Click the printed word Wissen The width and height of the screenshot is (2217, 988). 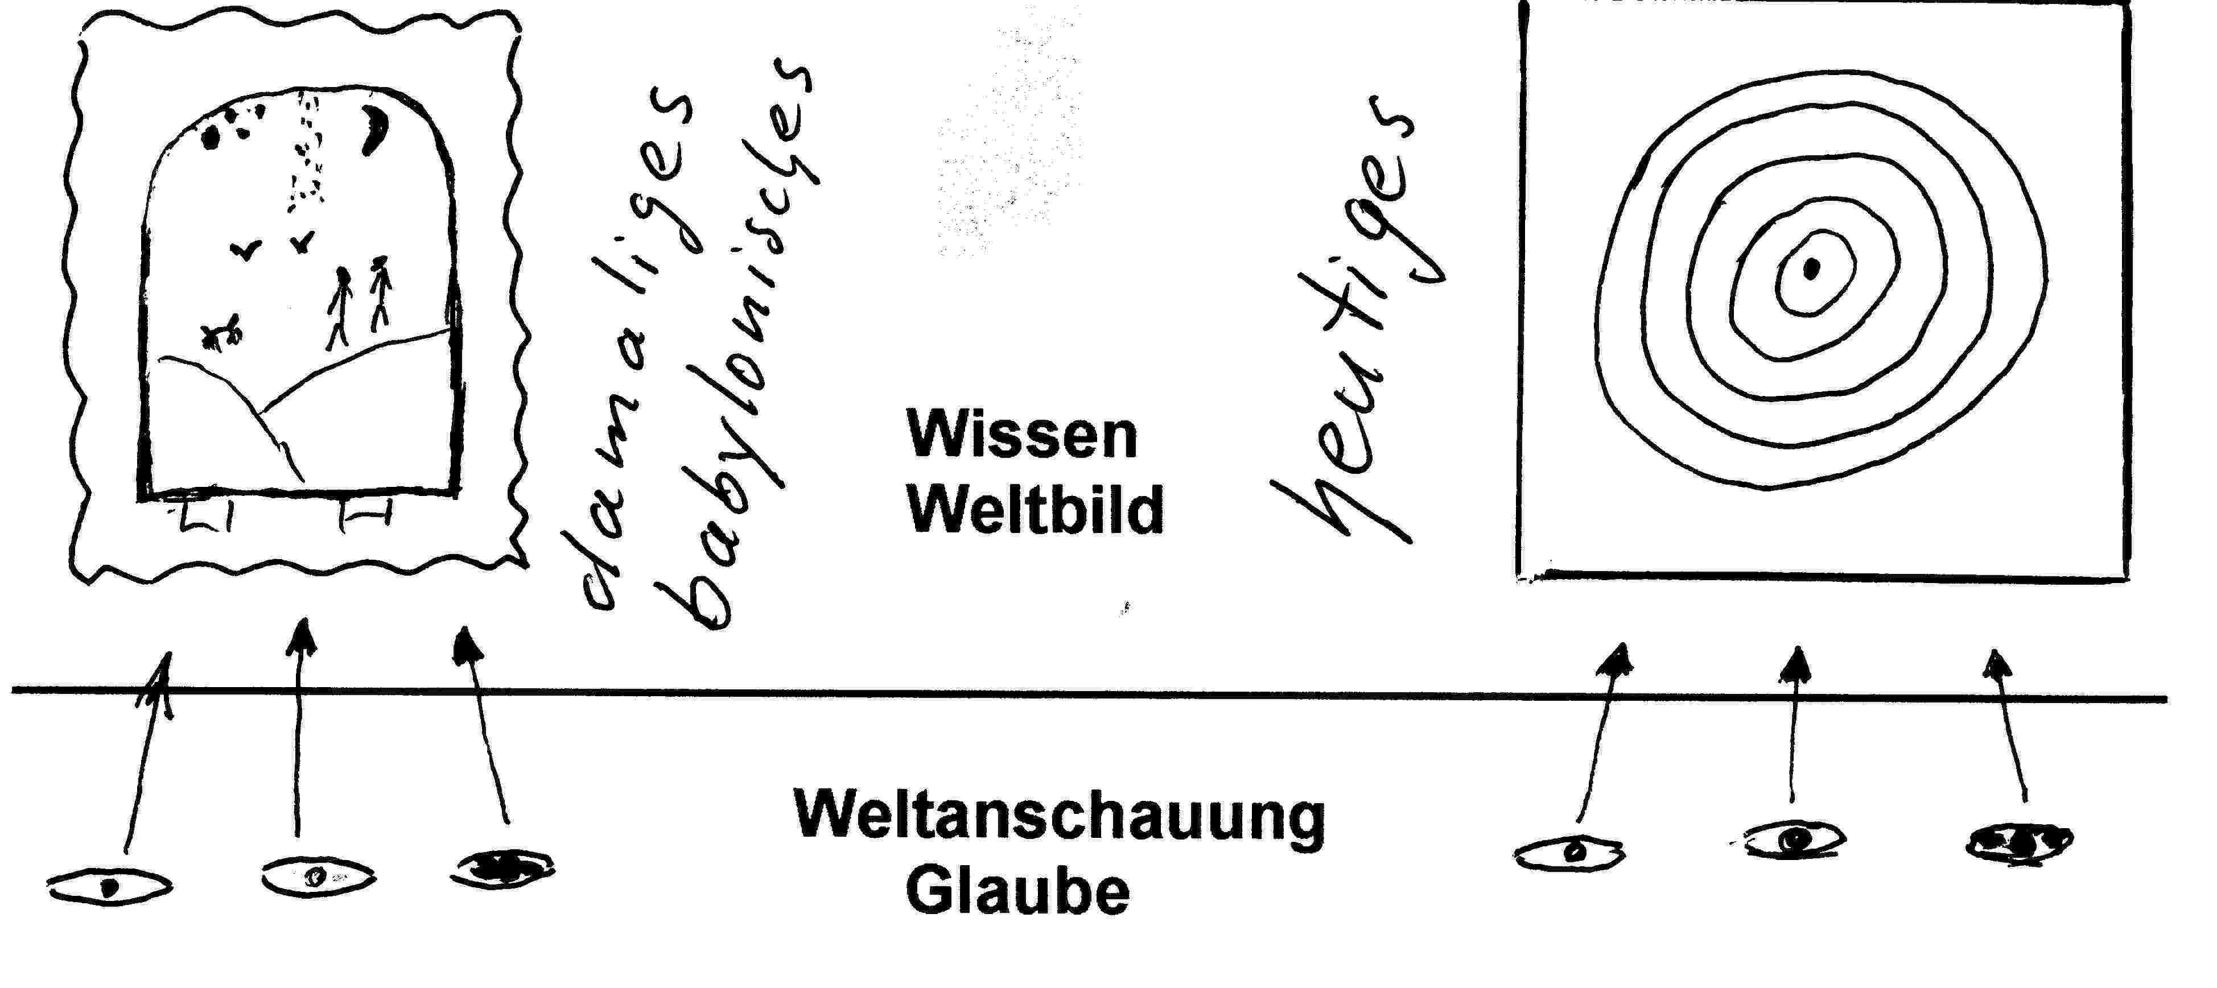[1021, 436]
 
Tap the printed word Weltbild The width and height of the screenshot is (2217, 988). [1035, 510]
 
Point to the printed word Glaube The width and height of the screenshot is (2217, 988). [1017, 892]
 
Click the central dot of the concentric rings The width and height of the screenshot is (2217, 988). [1811, 270]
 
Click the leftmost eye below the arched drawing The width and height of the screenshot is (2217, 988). [109, 886]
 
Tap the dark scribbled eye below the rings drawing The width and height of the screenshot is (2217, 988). [2019, 842]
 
